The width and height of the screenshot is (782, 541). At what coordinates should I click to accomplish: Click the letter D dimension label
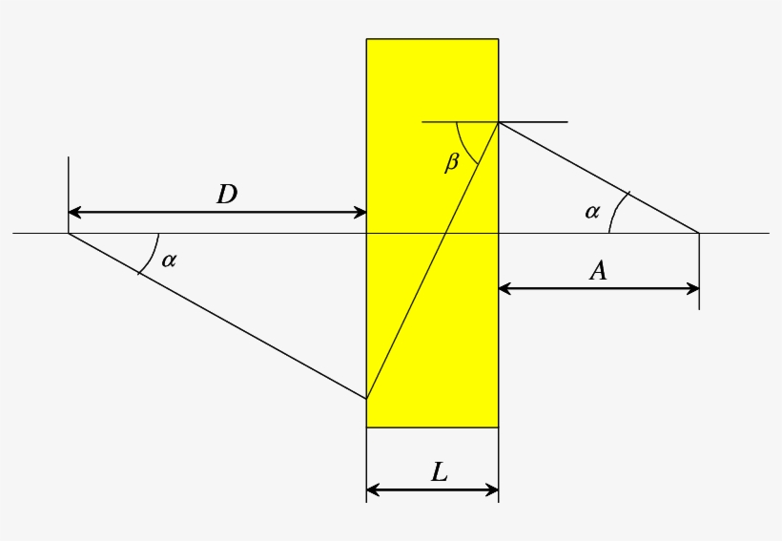click(x=226, y=195)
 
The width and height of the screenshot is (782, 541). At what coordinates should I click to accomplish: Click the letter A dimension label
click(x=598, y=271)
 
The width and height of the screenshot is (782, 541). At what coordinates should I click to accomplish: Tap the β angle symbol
click(x=452, y=162)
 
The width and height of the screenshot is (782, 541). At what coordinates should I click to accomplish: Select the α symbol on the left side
click(x=169, y=260)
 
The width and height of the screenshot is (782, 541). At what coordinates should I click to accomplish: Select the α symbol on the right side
click(x=592, y=212)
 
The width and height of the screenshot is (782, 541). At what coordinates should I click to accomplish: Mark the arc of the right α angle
click(x=613, y=212)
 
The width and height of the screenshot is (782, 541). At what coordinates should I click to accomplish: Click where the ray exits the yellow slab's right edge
click(x=498, y=123)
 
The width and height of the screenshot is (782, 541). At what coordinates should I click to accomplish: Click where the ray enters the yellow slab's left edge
click(x=367, y=399)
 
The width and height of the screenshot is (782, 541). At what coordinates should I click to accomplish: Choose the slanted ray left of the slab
click(x=217, y=316)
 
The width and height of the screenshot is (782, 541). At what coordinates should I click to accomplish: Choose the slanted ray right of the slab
click(x=598, y=177)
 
